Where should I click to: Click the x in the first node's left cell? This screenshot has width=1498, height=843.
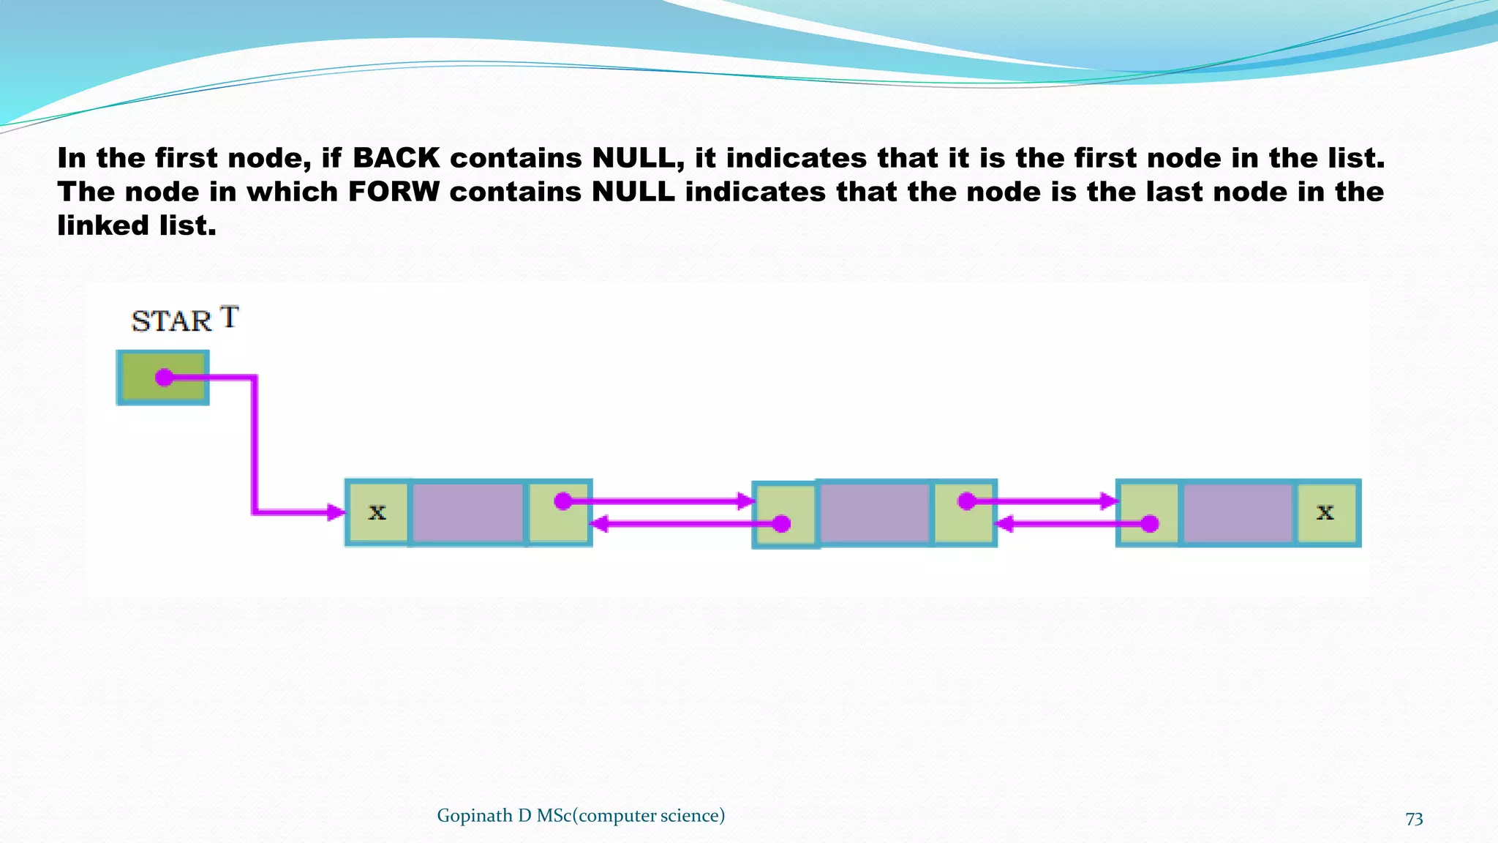(x=377, y=512)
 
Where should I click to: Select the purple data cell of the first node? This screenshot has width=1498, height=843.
(x=468, y=512)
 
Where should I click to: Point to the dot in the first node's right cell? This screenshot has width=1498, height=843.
(x=562, y=501)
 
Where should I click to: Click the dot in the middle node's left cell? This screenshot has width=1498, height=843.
(x=782, y=524)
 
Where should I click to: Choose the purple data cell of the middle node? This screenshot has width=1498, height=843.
(x=875, y=512)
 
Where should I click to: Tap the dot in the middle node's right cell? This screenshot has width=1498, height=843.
(x=967, y=501)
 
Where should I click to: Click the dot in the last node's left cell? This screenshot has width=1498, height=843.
(x=1150, y=524)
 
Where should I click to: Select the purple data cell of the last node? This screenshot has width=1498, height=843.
(x=1238, y=512)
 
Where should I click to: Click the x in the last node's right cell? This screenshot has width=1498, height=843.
(x=1325, y=512)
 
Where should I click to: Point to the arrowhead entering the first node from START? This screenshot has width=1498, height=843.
(x=336, y=512)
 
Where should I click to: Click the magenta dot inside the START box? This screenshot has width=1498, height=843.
(x=165, y=378)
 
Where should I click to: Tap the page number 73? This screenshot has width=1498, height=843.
(x=1414, y=818)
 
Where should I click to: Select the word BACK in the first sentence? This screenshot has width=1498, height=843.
(x=396, y=158)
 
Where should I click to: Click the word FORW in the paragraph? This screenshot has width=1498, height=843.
(x=394, y=192)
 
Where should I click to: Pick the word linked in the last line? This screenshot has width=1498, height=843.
(x=103, y=225)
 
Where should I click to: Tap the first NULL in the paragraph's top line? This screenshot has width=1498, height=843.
(x=639, y=158)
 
